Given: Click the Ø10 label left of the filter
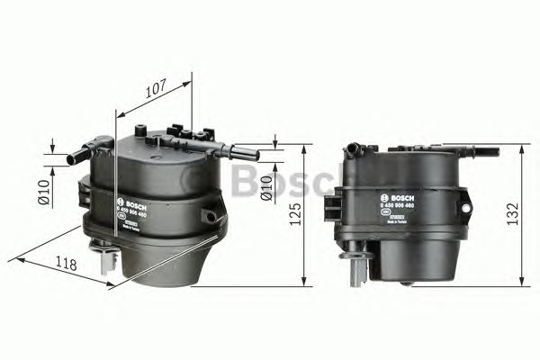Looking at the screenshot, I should tap(42, 192).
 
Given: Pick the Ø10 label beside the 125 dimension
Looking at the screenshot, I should tap(266, 187).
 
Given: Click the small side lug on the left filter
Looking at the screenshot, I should tap(210, 215).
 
